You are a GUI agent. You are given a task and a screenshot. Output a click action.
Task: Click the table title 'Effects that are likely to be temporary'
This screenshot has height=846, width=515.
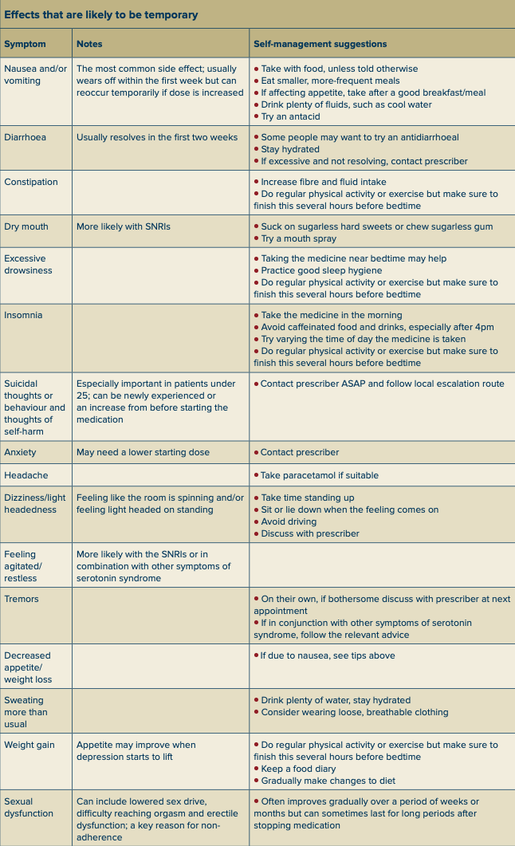[101, 14]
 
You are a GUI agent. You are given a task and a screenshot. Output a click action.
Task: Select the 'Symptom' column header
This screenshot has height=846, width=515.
[25, 44]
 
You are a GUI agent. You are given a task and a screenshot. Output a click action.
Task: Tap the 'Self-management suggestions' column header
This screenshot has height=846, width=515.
[320, 44]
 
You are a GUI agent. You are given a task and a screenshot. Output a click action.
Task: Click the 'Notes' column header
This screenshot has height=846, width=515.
[89, 44]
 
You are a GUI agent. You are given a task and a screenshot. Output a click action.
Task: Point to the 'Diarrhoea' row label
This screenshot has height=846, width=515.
[25, 137]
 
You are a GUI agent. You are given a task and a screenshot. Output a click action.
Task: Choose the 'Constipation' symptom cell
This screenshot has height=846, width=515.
[31, 182]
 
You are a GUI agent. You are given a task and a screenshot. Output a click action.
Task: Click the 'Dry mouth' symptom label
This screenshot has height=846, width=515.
[26, 226]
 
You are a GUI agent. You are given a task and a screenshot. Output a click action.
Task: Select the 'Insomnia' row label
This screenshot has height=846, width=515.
[23, 315]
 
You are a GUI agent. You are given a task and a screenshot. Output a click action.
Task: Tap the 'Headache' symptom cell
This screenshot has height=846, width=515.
[26, 475]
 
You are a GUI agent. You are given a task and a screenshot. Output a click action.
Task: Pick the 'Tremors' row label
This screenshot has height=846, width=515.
[22, 599]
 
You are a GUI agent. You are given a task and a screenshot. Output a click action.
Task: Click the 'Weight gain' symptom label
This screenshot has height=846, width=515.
[29, 745]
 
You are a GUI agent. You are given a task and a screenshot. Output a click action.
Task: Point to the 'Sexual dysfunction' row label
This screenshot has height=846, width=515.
[29, 808]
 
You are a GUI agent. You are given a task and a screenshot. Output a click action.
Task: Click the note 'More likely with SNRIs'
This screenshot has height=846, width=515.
[123, 226]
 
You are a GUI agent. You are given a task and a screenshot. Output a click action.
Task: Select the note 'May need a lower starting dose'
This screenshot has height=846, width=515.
[143, 452]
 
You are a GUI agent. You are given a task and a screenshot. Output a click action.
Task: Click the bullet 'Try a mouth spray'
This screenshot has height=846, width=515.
[298, 238]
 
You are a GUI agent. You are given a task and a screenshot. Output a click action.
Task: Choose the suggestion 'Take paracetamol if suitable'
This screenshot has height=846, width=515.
[319, 475]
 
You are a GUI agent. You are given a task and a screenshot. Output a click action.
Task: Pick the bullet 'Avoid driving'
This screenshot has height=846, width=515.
[288, 521]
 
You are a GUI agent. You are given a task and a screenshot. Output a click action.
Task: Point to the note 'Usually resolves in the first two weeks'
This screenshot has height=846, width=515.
[157, 137]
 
